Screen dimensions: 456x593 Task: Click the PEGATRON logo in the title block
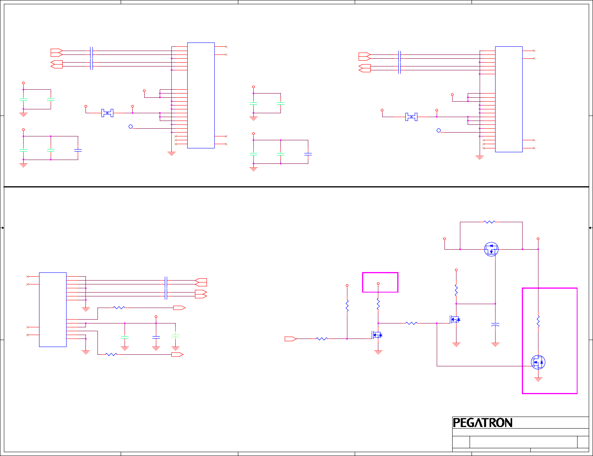483,423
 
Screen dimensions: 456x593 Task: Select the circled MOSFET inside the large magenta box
538,362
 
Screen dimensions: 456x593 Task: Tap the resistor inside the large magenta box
538,321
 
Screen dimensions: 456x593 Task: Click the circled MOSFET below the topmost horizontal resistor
491,249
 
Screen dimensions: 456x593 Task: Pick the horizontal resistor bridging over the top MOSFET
489,222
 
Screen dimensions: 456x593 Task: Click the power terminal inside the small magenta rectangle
378,284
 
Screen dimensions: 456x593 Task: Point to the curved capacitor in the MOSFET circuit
495,325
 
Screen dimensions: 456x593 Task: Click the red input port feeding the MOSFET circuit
291,339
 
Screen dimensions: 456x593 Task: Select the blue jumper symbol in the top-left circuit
107,113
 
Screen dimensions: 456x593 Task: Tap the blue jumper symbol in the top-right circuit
411,117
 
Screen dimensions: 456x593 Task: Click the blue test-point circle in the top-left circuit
131,126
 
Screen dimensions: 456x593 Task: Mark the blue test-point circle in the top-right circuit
439,131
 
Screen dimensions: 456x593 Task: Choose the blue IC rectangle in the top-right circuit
509,99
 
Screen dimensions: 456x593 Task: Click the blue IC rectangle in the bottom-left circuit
53,310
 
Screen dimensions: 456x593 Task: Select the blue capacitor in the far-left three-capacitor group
78,150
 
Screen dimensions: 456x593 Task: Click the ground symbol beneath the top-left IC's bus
171,153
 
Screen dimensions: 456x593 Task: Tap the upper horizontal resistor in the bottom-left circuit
119,308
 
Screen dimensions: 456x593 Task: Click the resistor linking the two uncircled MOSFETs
411,323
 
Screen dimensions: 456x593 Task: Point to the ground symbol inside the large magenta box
538,379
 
